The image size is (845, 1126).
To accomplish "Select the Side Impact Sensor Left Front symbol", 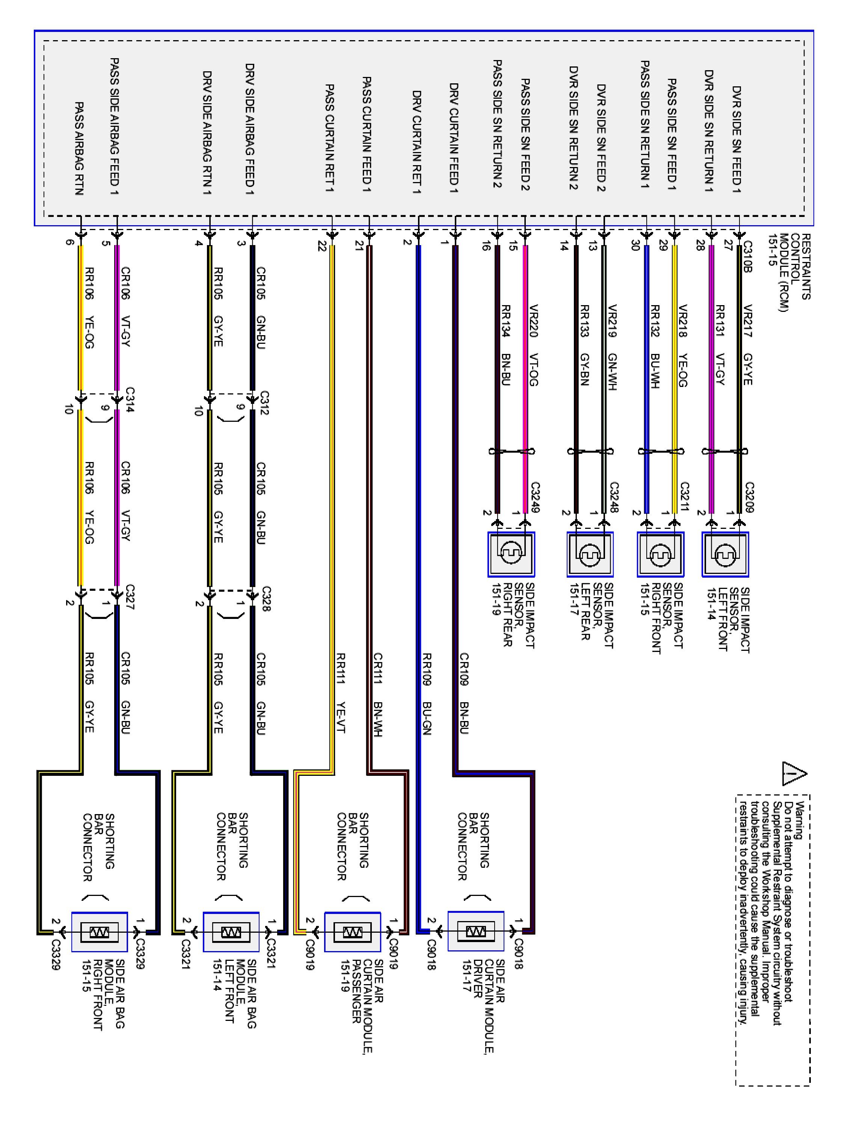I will click(725, 554).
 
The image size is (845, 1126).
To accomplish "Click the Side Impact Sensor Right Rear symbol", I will click(511, 554).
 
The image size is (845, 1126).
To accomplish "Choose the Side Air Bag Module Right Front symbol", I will click(99, 932).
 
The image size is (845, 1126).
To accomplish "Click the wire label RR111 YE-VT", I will click(341, 693).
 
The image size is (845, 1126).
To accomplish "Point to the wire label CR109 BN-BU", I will click(464, 693).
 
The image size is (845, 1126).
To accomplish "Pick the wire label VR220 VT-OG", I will click(534, 345).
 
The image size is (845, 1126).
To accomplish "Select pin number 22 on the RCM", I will click(321, 246).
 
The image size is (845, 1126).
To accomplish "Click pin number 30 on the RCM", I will click(635, 245).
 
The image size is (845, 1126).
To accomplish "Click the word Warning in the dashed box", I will click(799, 820).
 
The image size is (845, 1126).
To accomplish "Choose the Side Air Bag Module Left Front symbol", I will click(231, 932).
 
